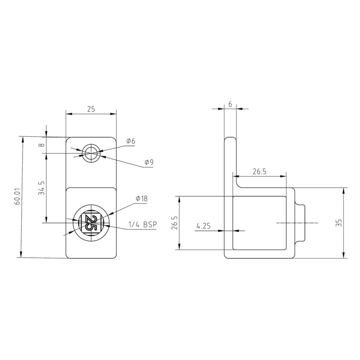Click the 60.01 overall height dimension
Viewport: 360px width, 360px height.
(x=18, y=197)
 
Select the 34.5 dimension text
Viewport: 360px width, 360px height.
(x=42, y=188)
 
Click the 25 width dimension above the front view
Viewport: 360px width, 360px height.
(x=91, y=109)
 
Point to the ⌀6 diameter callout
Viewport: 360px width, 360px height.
(x=131, y=141)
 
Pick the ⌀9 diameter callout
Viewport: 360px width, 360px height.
(x=148, y=163)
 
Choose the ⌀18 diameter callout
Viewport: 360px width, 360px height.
(x=141, y=198)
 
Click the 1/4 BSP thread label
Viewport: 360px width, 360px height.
(x=143, y=225)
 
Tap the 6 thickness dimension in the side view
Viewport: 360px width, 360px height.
(x=230, y=104)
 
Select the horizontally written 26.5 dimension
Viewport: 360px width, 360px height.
(x=259, y=171)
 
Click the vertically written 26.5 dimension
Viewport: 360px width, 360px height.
(x=174, y=223)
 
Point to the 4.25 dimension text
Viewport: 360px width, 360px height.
(x=204, y=226)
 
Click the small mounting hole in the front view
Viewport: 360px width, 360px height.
(x=90, y=154)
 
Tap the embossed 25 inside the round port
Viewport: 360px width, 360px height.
(x=90, y=223)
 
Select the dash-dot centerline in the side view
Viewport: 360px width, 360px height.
(x=298, y=223)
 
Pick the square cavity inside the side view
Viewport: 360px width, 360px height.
(x=259, y=223)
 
